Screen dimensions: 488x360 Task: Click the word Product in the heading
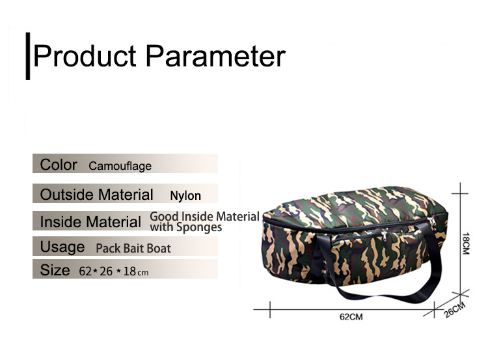[x=85, y=56]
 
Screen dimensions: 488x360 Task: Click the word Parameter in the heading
[x=215, y=56]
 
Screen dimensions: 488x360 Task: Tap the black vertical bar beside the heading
[x=28, y=56]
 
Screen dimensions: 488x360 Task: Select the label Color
[x=59, y=165]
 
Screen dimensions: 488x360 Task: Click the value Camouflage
[x=120, y=166]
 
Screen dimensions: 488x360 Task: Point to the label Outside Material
[x=96, y=195]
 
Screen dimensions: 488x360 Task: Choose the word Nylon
[x=185, y=196]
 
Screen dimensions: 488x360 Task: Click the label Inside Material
[x=90, y=222]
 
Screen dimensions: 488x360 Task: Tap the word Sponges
[x=199, y=227]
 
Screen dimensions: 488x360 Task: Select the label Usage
[x=62, y=247]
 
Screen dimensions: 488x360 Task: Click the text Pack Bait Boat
[x=133, y=248]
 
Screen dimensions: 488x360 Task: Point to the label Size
[x=55, y=270]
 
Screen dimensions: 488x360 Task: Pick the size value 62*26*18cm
[x=114, y=271]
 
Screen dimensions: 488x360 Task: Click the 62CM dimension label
[x=351, y=317]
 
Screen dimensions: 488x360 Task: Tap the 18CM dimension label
[x=466, y=243]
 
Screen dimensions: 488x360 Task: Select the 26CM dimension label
[x=455, y=310]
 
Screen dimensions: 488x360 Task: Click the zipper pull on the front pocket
[x=385, y=236]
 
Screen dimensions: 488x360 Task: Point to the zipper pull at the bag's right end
[x=431, y=221]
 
